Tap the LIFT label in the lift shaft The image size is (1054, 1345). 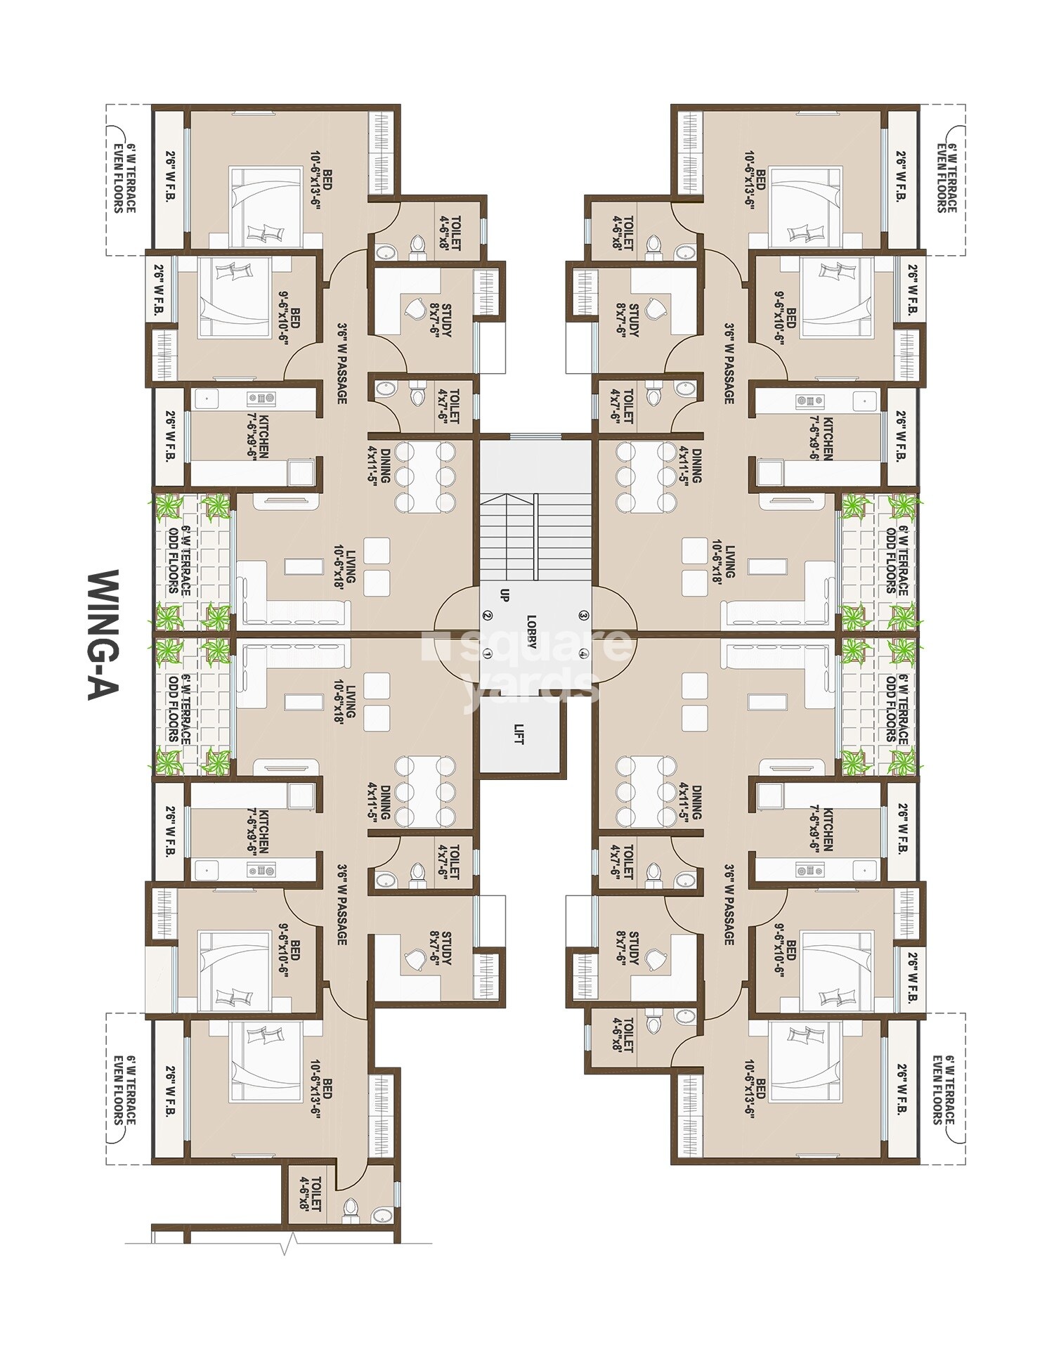[519, 734]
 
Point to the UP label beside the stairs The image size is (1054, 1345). [504, 595]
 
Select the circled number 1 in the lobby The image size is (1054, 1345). [487, 654]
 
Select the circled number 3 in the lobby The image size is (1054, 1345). [583, 616]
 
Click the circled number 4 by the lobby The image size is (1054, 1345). [583, 654]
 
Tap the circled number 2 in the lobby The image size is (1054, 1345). [487, 616]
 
